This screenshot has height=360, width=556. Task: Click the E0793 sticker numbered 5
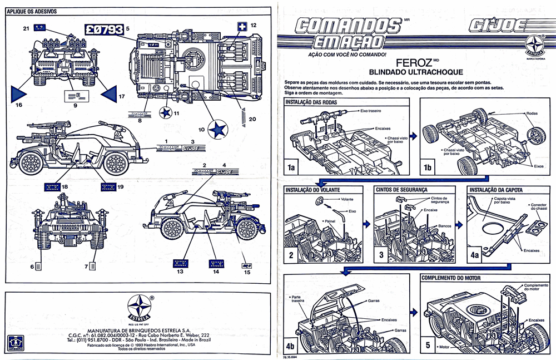[x=103, y=30]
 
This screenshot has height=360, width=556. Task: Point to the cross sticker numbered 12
[x=241, y=26]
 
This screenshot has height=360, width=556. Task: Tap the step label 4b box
[x=291, y=344]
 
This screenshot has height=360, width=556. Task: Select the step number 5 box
[x=428, y=344]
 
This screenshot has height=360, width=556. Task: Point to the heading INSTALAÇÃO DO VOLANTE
[x=310, y=190]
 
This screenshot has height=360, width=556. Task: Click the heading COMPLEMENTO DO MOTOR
[x=454, y=277]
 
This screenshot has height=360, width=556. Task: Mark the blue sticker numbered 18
[x=54, y=186]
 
